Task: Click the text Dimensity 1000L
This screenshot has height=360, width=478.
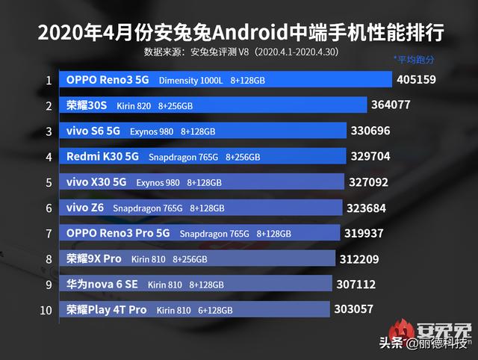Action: [x=190, y=81]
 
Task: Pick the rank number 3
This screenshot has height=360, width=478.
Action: [x=49, y=131]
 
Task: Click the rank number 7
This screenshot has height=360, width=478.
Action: [x=49, y=234]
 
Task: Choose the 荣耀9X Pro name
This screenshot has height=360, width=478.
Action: [x=93, y=259]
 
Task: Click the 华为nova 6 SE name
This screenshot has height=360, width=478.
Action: [x=102, y=285]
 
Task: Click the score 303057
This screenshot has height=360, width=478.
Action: [x=356, y=309]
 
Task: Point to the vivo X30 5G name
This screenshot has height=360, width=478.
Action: [x=96, y=182]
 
